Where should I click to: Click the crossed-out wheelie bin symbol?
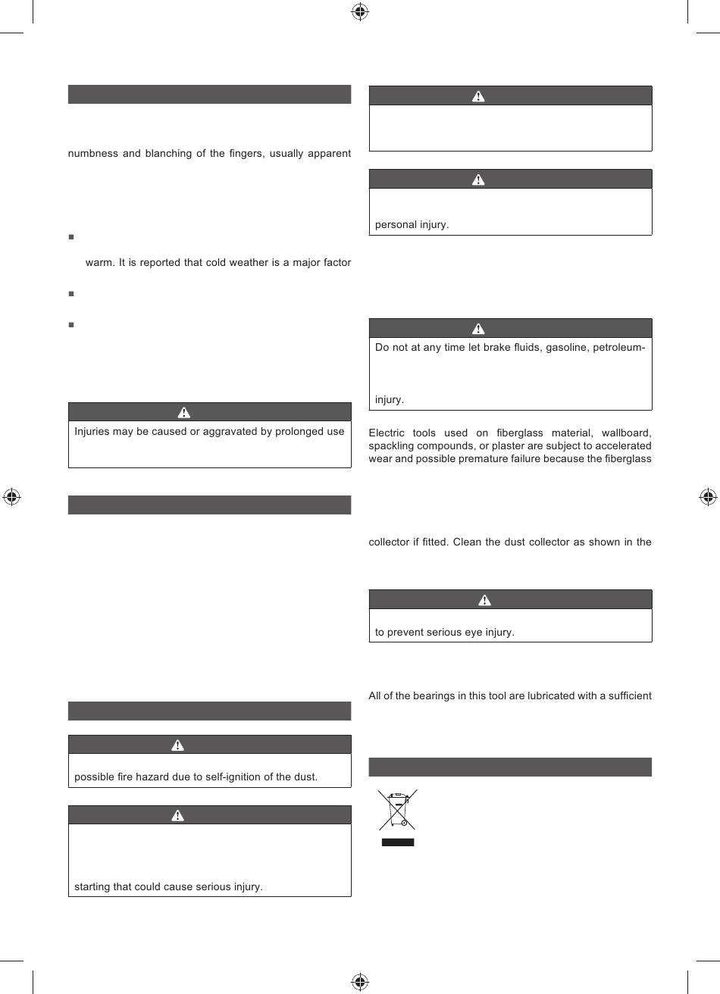[x=397, y=809]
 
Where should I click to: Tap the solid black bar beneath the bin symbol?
[x=397, y=842]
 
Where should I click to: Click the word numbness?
[x=92, y=154]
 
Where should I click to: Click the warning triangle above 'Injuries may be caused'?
[x=183, y=412]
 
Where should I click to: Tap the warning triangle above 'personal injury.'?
[x=478, y=180]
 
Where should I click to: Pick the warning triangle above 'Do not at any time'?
[x=478, y=329]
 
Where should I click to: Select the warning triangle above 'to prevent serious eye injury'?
[x=484, y=600]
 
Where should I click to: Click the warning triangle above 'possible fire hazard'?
[x=177, y=745]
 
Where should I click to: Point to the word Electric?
[x=387, y=433]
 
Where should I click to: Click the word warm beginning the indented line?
[x=99, y=263]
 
